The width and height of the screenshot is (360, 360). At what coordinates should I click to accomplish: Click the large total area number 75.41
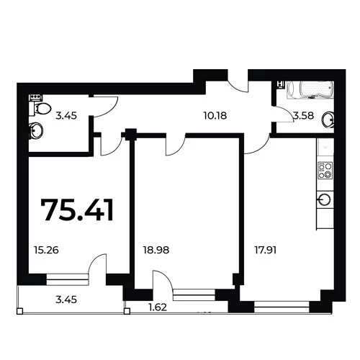(x=77, y=210)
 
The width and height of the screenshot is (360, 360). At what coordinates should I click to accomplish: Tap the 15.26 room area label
(x=46, y=251)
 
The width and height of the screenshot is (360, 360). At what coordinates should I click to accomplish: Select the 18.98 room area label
(x=156, y=251)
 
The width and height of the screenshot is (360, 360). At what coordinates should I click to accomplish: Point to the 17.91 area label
(x=266, y=251)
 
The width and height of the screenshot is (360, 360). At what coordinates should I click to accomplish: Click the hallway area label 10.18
(x=215, y=116)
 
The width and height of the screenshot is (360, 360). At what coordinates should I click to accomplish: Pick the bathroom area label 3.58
(x=304, y=116)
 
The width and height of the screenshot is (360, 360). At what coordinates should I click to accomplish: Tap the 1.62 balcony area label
(x=158, y=307)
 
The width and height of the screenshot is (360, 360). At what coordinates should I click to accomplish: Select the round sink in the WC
(x=36, y=130)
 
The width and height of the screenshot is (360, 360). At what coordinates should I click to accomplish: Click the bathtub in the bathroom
(x=310, y=90)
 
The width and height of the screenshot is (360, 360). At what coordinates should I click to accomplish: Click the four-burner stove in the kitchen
(x=325, y=170)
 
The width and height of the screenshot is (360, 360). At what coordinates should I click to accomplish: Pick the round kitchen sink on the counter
(x=324, y=199)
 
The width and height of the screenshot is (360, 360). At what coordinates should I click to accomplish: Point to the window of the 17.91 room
(x=282, y=307)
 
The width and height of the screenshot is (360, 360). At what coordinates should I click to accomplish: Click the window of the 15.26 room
(x=68, y=279)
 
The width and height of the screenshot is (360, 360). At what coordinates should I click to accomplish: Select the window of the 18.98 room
(x=194, y=294)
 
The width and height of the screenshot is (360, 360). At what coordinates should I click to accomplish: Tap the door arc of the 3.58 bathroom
(x=286, y=113)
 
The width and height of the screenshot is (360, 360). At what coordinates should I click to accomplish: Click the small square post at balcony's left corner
(x=20, y=311)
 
